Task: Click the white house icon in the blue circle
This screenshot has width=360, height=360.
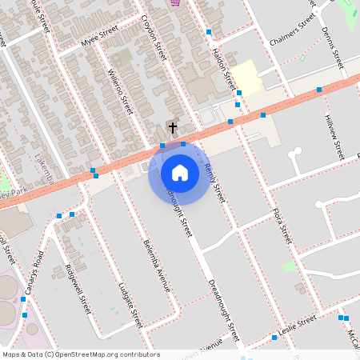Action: coord(179,172)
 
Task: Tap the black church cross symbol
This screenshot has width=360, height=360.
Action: coord(172,127)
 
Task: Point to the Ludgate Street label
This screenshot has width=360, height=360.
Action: coord(129,305)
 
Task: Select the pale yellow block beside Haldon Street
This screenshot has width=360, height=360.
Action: coord(247,77)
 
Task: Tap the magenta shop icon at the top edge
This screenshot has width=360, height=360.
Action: coord(175,2)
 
